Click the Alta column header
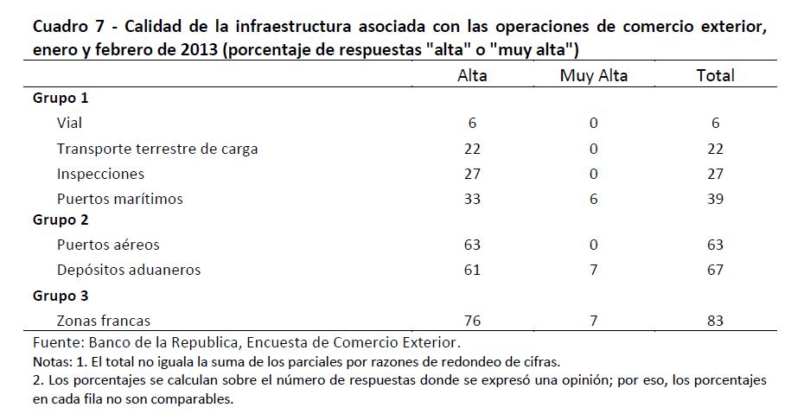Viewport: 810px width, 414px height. click(472, 75)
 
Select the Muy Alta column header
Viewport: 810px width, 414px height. click(593, 75)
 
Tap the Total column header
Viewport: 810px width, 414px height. click(715, 75)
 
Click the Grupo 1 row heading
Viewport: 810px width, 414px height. click(61, 98)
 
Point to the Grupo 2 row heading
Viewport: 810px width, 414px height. click(61, 220)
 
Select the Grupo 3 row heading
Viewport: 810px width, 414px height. click(61, 296)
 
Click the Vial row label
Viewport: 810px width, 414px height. click(70, 123)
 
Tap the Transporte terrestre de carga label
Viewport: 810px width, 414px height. click(157, 149)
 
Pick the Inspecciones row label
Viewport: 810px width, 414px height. click(100, 174)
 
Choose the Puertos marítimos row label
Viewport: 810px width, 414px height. click(120, 199)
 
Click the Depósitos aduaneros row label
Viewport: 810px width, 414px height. click(129, 270)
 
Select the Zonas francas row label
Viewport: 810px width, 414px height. click(104, 322)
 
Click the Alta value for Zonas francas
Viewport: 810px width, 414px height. click(472, 322)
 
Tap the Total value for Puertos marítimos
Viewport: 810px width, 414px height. click(715, 199)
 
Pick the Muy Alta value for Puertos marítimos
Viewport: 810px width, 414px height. click(593, 199)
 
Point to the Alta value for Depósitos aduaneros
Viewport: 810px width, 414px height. click(472, 270)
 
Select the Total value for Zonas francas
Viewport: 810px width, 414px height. click(715, 322)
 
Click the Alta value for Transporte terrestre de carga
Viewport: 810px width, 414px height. click(472, 149)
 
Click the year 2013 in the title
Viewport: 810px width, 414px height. click(200, 49)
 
